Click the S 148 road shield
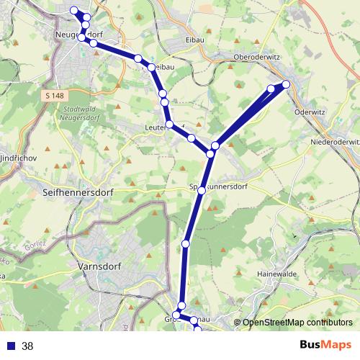click(x=53, y=96)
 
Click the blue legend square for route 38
click(x=9, y=346)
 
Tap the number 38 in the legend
click(x=27, y=346)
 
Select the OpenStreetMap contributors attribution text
click(x=297, y=323)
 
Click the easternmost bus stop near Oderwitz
click(x=286, y=85)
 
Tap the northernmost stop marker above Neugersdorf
click(x=74, y=10)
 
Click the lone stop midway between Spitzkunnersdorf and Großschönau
click(x=185, y=244)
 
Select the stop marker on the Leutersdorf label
click(x=169, y=125)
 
